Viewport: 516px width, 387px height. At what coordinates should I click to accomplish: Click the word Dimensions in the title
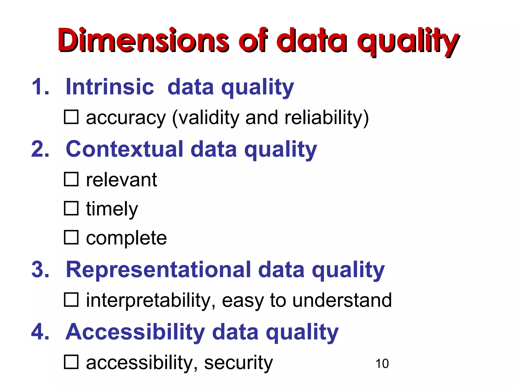[143, 40]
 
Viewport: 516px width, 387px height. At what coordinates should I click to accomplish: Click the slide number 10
[382, 364]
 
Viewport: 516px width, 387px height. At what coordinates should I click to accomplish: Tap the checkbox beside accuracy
[71, 117]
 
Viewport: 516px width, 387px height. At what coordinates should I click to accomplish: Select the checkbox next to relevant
[71, 179]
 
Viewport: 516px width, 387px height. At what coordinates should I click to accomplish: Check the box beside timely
[71, 208]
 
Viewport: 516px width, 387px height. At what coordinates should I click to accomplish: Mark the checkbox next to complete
[71, 237]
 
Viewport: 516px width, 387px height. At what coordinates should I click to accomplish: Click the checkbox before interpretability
[71, 299]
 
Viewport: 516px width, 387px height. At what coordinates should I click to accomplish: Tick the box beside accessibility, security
[71, 362]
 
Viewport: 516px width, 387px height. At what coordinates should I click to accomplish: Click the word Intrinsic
[110, 87]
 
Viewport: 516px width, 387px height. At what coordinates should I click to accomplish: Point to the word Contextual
[124, 149]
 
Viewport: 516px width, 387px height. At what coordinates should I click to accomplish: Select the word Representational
[158, 269]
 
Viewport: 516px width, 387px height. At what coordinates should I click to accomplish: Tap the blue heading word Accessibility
[135, 332]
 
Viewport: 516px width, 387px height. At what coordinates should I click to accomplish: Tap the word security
[238, 363]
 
